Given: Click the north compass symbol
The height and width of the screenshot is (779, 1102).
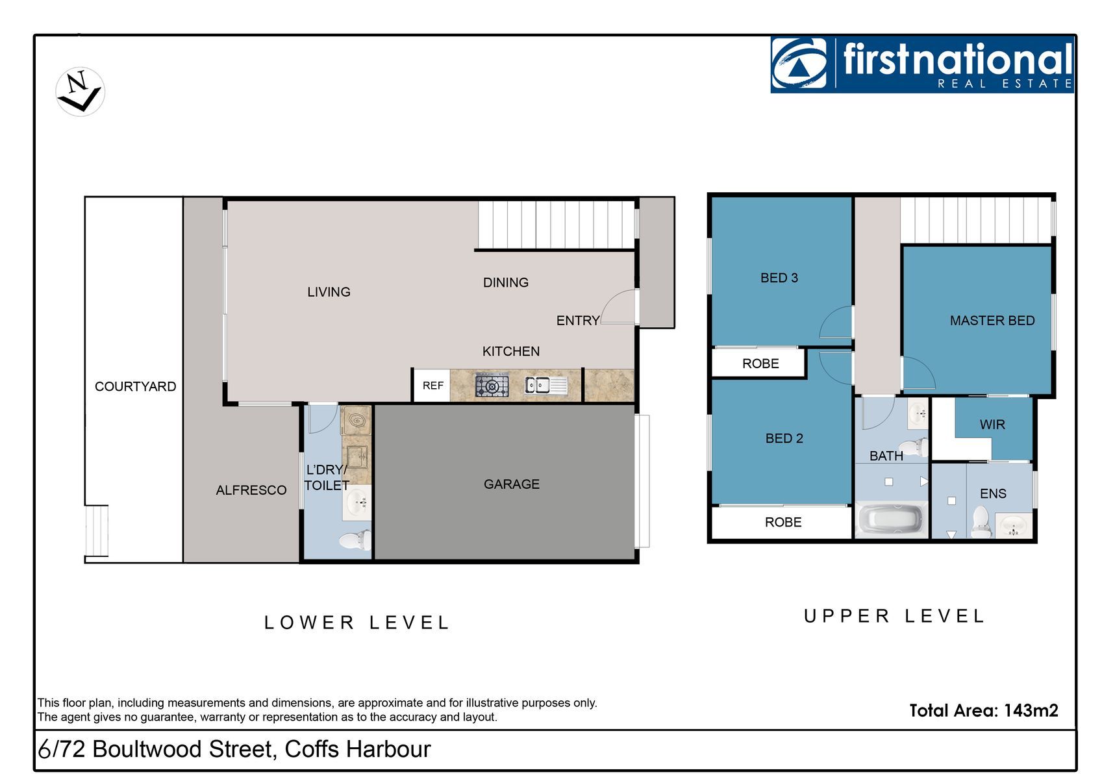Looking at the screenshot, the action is (80, 92).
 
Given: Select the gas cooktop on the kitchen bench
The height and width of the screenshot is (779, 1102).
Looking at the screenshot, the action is (492, 386).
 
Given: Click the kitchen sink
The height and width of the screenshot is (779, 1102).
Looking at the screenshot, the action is (546, 386).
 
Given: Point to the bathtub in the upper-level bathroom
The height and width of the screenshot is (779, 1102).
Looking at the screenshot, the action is (891, 519).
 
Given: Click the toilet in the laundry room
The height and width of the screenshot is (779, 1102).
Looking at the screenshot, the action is (355, 541).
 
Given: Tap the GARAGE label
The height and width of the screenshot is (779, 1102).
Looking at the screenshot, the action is (512, 484).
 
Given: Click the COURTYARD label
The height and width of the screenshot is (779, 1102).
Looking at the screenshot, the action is (135, 386).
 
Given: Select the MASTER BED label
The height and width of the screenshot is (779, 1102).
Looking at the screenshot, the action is (992, 321).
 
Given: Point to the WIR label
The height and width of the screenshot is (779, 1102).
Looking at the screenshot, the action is (992, 425).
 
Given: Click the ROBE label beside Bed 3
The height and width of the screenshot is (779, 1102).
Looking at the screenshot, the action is (760, 364).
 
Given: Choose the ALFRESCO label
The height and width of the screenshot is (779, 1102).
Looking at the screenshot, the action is (251, 490).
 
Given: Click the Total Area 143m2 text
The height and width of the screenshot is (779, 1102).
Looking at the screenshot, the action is (984, 711).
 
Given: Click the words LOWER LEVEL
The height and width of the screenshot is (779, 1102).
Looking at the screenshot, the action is (357, 623).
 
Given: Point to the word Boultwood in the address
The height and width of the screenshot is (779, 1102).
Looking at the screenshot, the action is (147, 749).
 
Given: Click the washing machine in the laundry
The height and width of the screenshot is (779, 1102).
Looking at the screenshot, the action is (356, 421).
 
